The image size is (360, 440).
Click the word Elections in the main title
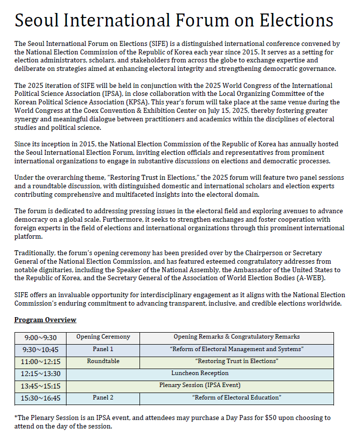296,20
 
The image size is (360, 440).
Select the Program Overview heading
45,320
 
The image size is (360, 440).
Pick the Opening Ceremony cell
103,337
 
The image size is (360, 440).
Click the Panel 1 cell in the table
103,349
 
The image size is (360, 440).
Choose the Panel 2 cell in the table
103,398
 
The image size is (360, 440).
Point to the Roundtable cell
103,361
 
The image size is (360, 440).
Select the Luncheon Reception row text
200,373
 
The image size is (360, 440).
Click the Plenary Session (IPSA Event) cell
200,386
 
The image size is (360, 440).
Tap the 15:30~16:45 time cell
40,398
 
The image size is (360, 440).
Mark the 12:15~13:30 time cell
40,374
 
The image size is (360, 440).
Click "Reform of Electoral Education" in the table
236,398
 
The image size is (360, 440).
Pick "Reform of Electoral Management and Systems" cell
236,349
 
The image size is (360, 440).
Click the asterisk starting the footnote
16,417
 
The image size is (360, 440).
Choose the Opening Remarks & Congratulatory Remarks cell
236,337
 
